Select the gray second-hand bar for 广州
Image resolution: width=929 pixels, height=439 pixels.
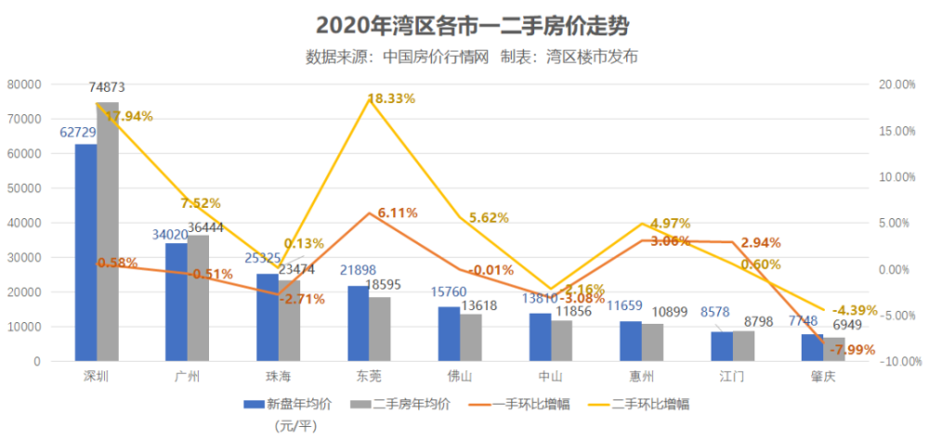click(x=199, y=298)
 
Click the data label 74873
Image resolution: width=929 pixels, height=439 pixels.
click(x=108, y=87)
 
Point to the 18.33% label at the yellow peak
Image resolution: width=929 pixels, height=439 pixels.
click(x=391, y=98)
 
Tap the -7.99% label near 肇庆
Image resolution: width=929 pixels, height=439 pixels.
click(x=849, y=349)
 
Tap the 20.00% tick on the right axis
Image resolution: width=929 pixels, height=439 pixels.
click(x=897, y=84)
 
